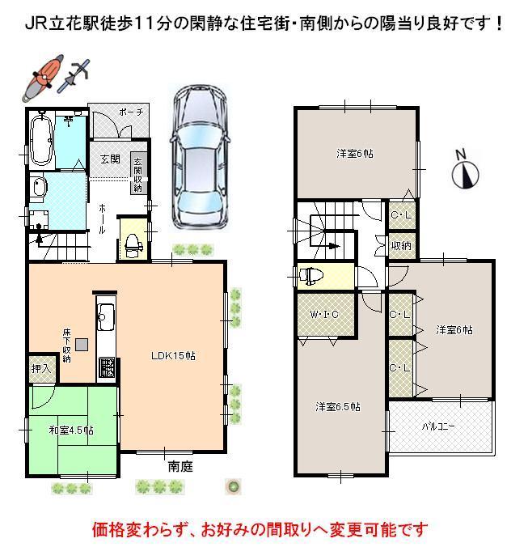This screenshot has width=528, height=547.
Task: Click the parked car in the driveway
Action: (197, 158)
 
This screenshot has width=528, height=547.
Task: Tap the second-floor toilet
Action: (312, 276)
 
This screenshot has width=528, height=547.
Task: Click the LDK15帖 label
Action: (171, 354)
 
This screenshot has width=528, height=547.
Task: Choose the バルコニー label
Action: (440, 425)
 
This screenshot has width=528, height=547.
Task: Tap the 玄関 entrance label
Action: (111, 159)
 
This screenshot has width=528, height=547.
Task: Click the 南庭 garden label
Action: (180, 467)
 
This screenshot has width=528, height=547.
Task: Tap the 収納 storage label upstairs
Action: (400, 245)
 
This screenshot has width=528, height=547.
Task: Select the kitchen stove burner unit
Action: (106, 367)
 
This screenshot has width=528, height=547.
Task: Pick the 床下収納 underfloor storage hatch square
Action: (82, 343)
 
